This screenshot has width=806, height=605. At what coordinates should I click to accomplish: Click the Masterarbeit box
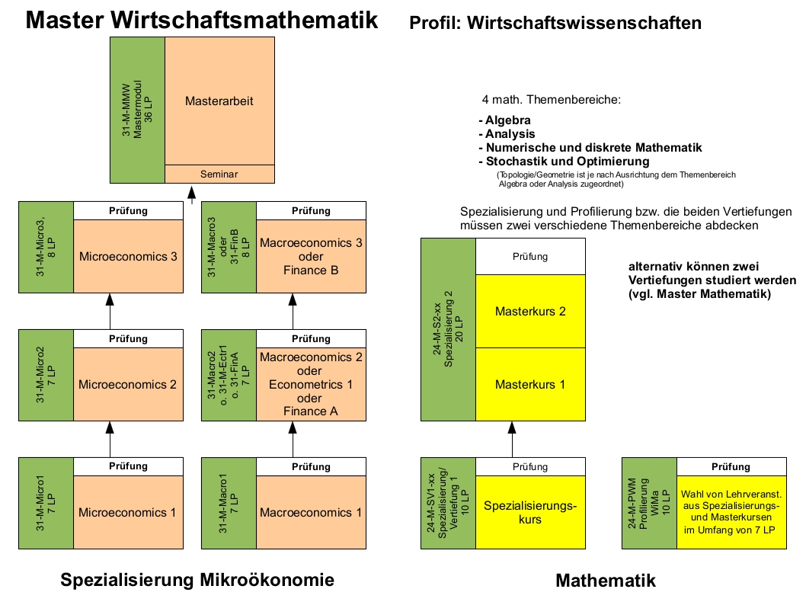[x=219, y=101]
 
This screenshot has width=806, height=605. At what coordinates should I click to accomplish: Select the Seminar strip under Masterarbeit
[x=219, y=174]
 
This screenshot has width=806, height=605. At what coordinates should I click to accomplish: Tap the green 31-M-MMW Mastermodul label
[x=137, y=109]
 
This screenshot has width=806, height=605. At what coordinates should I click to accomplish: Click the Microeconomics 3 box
[x=128, y=257]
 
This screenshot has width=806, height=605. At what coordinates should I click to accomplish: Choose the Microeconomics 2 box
[x=128, y=385]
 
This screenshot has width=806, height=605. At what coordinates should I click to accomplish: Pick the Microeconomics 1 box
[x=128, y=512]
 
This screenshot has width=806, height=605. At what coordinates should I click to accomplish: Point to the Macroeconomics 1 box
[x=311, y=512]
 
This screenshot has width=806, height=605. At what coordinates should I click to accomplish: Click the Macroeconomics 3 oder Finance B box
[x=311, y=257]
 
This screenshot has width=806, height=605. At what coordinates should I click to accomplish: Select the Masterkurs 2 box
[x=530, y=311]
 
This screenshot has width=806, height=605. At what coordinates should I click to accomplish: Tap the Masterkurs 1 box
[x=530, y=384]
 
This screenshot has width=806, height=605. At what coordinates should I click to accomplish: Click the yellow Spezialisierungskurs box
[x=530, y=512]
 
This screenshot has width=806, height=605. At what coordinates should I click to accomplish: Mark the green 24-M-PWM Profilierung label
[x=649, y=503]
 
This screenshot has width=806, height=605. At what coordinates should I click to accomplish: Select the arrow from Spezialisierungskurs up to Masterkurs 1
[x=504, y=439]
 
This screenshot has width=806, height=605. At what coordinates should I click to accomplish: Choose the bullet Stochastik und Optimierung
[x=564, y=162]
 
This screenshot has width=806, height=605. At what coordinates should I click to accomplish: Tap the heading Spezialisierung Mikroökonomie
[x=197, y=581]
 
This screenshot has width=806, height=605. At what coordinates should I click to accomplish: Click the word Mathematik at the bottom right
[x=606, y=581]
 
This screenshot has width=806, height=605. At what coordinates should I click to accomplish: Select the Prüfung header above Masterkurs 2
[x=530, y=257]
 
